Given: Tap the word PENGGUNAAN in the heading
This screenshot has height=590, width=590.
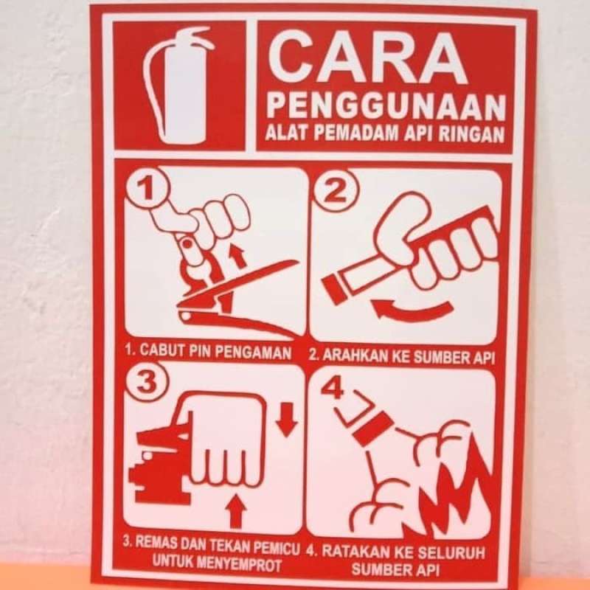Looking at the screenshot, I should (x=385, y=106).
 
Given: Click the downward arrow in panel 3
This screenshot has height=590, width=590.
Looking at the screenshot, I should (x=285, y=422).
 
